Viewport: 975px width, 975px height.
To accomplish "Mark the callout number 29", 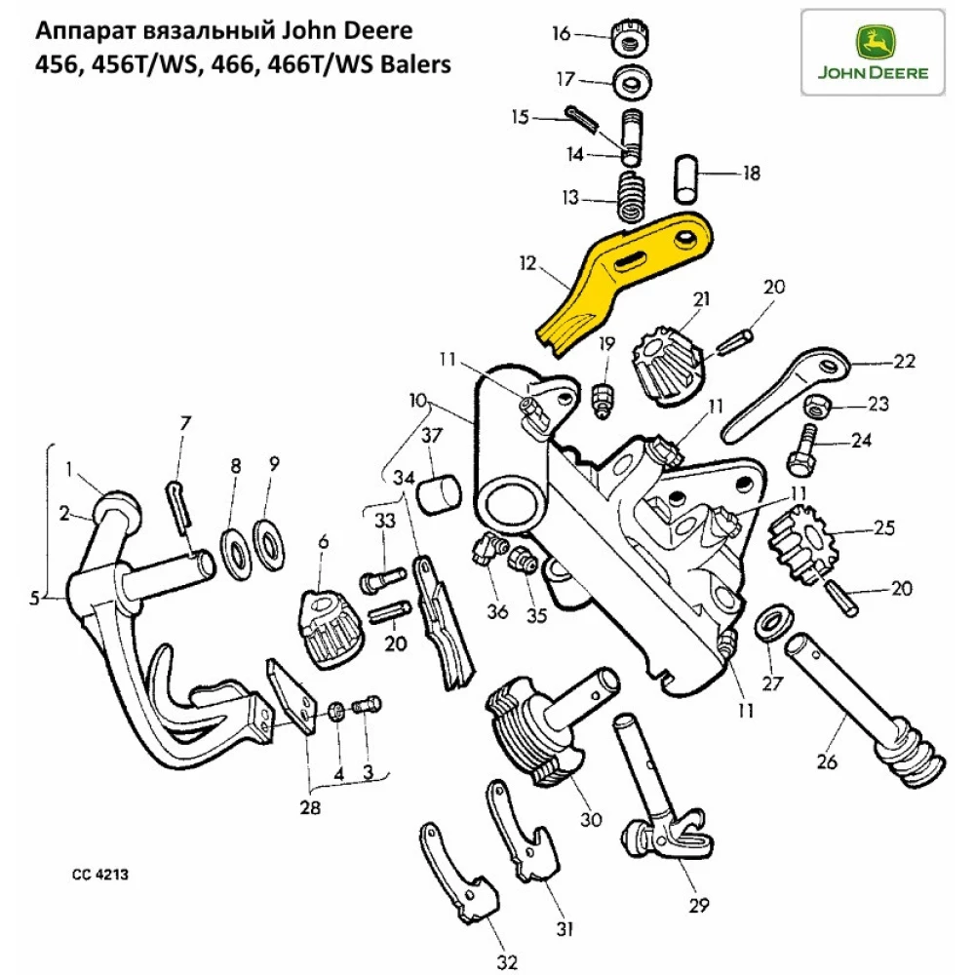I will click(x=695, y=905).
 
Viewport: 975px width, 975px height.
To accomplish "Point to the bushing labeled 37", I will click(x=437, y=492).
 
